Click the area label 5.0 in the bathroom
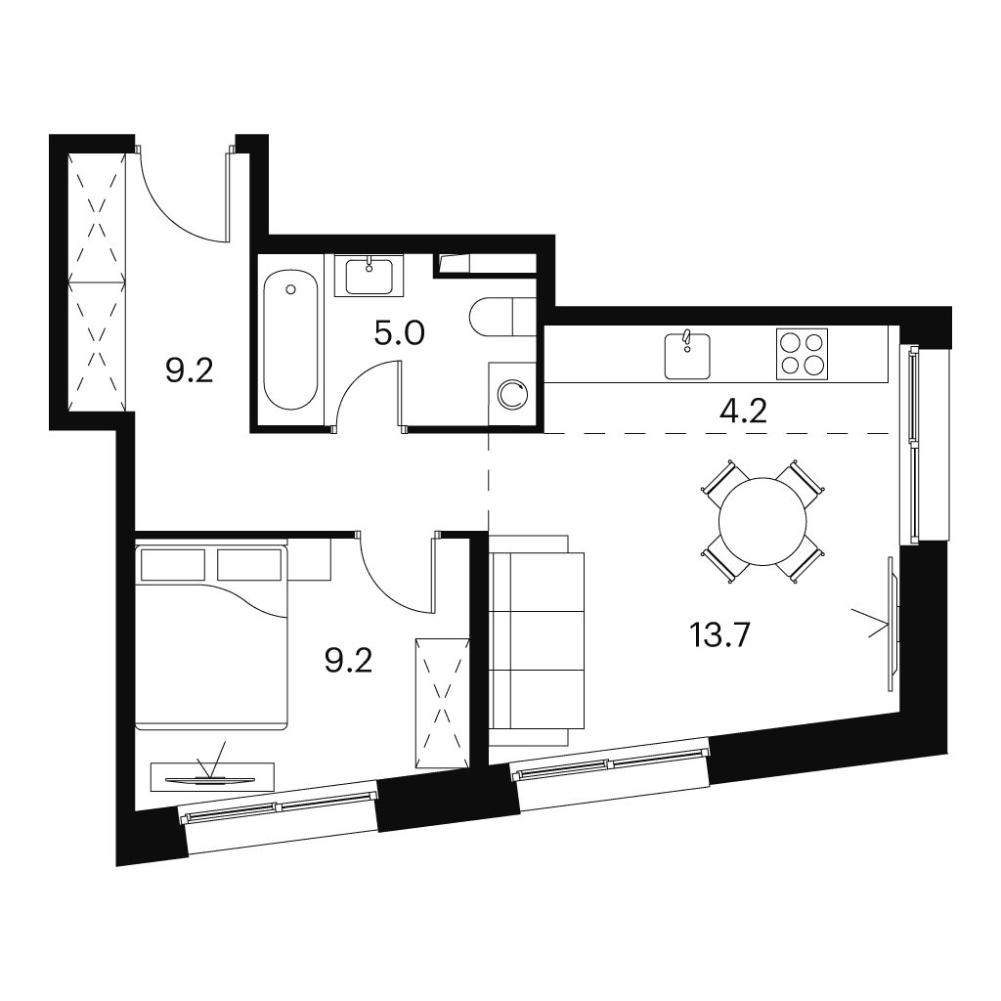pos(399,332)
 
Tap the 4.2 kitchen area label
pos(743,412)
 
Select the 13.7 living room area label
pos(719,635)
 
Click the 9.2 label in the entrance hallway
pos(189,370)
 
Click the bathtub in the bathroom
pos(290,341)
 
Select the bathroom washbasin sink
pos(370,276)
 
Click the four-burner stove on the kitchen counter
pos(802,354)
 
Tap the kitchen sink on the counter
pos(687,355)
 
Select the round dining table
pos(762,521)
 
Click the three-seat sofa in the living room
pos(537,640)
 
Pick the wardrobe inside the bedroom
pos(443,703)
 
